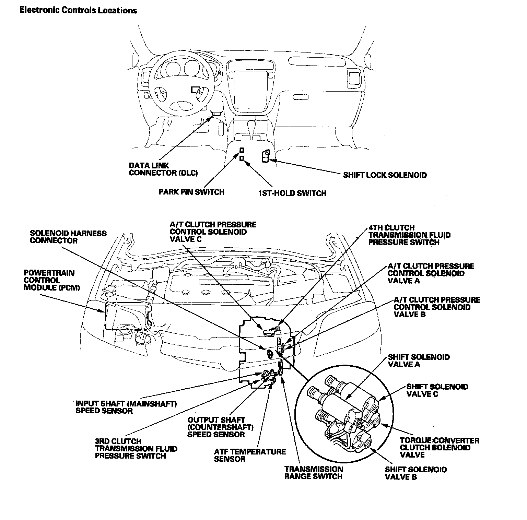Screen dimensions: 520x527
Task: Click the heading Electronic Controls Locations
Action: (x=78, y=10)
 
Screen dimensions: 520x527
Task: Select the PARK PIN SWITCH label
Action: (x=191, y=192)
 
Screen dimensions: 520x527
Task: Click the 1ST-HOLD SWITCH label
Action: (x=292, y=193)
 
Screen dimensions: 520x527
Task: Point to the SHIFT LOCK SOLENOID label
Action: (x=385, y=175)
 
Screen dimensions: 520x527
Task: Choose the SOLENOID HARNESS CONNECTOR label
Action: (x=68, y=237)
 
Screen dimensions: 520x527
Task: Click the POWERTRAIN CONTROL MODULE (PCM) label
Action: (x=52, y=280)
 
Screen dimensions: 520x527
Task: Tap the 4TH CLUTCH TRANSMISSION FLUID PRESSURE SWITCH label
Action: (x=409, y=235)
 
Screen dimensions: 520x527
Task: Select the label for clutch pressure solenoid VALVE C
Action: (x=213, y=232)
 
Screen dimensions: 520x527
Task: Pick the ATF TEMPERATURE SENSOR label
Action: (x=250, y=455)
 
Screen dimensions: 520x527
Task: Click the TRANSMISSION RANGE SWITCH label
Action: (x=314, y=473)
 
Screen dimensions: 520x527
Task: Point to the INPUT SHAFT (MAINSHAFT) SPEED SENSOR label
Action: (x=126, y=407)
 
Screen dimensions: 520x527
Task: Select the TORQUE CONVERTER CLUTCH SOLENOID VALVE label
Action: (x=440, y=448)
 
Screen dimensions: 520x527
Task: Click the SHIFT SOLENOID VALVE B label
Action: (x=416, y=473)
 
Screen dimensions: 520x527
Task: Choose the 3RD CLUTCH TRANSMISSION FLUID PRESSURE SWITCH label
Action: (x=136, y=449)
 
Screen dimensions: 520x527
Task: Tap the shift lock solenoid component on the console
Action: (x=265, y=156)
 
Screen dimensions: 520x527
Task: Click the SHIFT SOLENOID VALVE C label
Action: (x=437, y=390)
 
